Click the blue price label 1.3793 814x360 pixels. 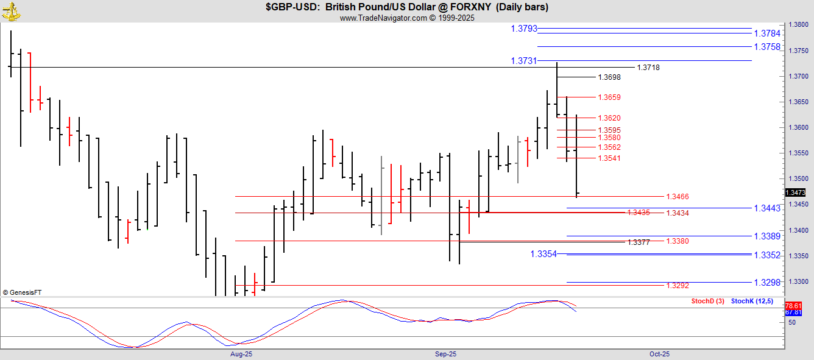point(524,29)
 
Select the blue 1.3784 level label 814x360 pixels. point(767,34)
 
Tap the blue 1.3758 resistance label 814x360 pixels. point(767,47)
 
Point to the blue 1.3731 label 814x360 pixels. point(524,61)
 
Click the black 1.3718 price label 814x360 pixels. point(648,68)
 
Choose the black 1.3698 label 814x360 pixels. point(609,77)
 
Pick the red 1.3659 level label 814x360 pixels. point(609,97)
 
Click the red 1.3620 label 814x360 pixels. point(609,118)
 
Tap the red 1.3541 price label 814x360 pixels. point(609,158)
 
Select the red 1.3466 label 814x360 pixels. point(678,197)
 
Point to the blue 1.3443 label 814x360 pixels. point(767,208)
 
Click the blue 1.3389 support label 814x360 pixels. point(767,236)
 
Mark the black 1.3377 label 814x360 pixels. point(639,242)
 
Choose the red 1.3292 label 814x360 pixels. point(678,286)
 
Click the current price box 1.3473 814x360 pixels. point(795,192)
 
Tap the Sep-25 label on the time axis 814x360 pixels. point(445,354)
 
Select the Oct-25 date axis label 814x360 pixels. point(659,354)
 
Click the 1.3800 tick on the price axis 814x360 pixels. point(798,25)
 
